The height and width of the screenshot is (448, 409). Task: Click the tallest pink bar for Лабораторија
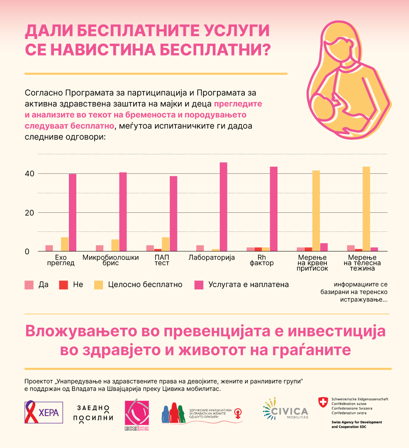click(x=224, y=207)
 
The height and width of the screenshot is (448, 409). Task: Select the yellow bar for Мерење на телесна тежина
click(x=366, y=209)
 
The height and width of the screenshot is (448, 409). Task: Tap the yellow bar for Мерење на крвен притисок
click(x=316, y=211)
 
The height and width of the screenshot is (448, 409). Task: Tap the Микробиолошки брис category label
click(x=110, y=260)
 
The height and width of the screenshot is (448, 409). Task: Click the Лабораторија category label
click(x=212, y=258)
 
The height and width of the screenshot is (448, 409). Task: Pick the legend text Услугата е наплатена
click(x=248, y=285)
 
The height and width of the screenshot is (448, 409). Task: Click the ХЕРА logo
click(x=44, y=412)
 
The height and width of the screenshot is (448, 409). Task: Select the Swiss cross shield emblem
click(x=323, y=401)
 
